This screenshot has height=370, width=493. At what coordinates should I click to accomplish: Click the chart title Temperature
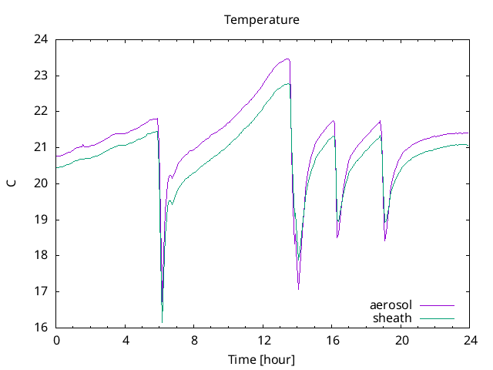click(261, 19)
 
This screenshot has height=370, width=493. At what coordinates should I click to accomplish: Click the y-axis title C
click(11, 183)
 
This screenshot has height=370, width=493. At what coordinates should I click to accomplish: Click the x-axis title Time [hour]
click(261, 360)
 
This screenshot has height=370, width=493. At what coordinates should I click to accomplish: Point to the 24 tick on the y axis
click(42, 39)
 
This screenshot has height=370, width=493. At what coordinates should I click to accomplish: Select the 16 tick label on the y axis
click(42, 328)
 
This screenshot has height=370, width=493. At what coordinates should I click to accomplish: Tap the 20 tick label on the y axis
click(42, 183)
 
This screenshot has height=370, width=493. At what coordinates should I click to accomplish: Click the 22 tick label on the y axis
click(42, 111)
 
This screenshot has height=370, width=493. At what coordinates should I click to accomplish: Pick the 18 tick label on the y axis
click(42, 255)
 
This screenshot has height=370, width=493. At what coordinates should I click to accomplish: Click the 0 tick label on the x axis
click(56, 340)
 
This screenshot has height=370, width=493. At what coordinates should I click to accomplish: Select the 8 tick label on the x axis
click(194, 340)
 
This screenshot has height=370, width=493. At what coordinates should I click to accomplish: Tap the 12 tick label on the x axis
click(263, 340)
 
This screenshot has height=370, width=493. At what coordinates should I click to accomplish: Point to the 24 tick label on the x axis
click(470, 340)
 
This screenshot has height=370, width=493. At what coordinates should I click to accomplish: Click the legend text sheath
click(392, 318)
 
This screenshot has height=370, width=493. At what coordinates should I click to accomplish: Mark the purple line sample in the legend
click(437, 305)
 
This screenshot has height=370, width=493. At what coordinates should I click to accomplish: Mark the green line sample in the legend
click(437, 318)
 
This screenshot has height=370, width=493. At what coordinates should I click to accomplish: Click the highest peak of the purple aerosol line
click(287, 59)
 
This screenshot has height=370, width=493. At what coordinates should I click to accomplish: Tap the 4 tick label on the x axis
click(126, 340)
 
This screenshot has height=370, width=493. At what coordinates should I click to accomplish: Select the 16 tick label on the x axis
click(332, 340)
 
